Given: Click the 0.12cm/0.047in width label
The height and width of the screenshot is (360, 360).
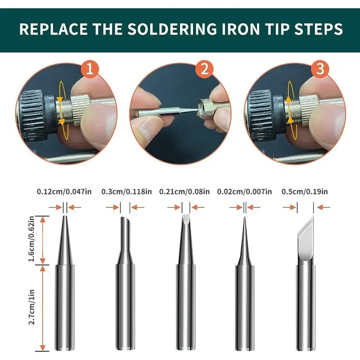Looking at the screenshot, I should point(64,191).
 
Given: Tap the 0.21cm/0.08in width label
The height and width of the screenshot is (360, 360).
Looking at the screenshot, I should point(184,191).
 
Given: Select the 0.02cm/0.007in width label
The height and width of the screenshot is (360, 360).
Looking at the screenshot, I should point(244,191).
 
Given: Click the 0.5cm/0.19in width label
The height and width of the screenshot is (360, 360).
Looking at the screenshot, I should point(305,191).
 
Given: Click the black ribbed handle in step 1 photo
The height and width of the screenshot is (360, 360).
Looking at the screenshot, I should point(36,115).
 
